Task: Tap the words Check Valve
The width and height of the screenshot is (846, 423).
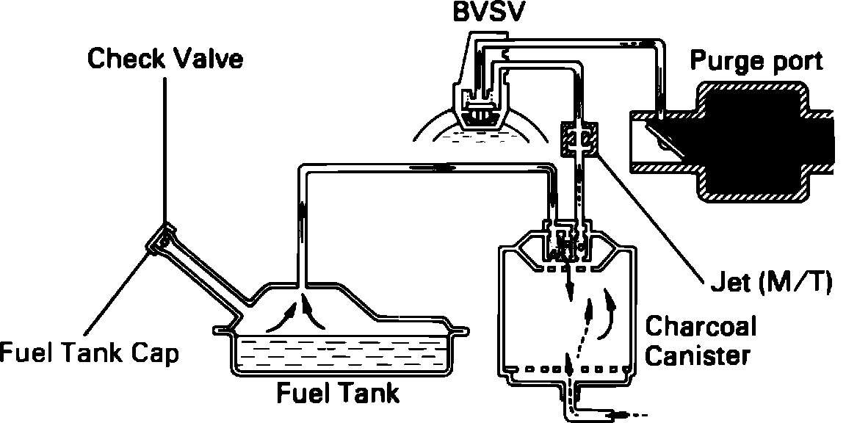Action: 165,59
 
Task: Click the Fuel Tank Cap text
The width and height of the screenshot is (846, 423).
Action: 89,354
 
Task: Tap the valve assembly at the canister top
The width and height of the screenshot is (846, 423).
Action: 569,242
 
